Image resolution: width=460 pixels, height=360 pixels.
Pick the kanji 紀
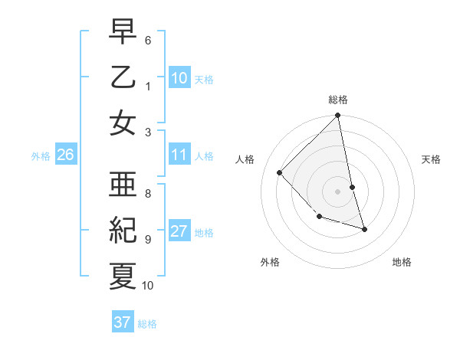tap(123, 231)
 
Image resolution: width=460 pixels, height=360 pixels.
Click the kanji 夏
tap(123, 276)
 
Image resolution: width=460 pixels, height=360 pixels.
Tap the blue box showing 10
tap(179, 77)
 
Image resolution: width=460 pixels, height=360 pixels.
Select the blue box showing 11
tap(179, 155)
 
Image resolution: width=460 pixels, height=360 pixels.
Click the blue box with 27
tap(179, 232)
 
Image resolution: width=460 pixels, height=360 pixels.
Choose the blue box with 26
tap(65, 155)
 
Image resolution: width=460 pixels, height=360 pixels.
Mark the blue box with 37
tap(122, 322)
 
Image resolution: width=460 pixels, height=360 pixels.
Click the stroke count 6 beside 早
tap(148, 39)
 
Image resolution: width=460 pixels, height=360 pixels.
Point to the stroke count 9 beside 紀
tap(148, 239)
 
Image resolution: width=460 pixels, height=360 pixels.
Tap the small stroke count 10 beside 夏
tap(148, 286)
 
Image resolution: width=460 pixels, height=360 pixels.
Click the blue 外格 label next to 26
tap(41, 156)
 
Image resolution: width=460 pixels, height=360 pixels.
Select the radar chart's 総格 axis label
tap(337, 100)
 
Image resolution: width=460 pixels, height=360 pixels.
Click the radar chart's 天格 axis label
tap(432, 159)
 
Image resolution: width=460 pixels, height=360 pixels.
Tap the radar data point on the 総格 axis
tap(337, 116)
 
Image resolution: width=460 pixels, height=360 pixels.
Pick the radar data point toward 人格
tap(280, 173)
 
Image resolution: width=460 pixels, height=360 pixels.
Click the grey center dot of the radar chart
tap(337, 191)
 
